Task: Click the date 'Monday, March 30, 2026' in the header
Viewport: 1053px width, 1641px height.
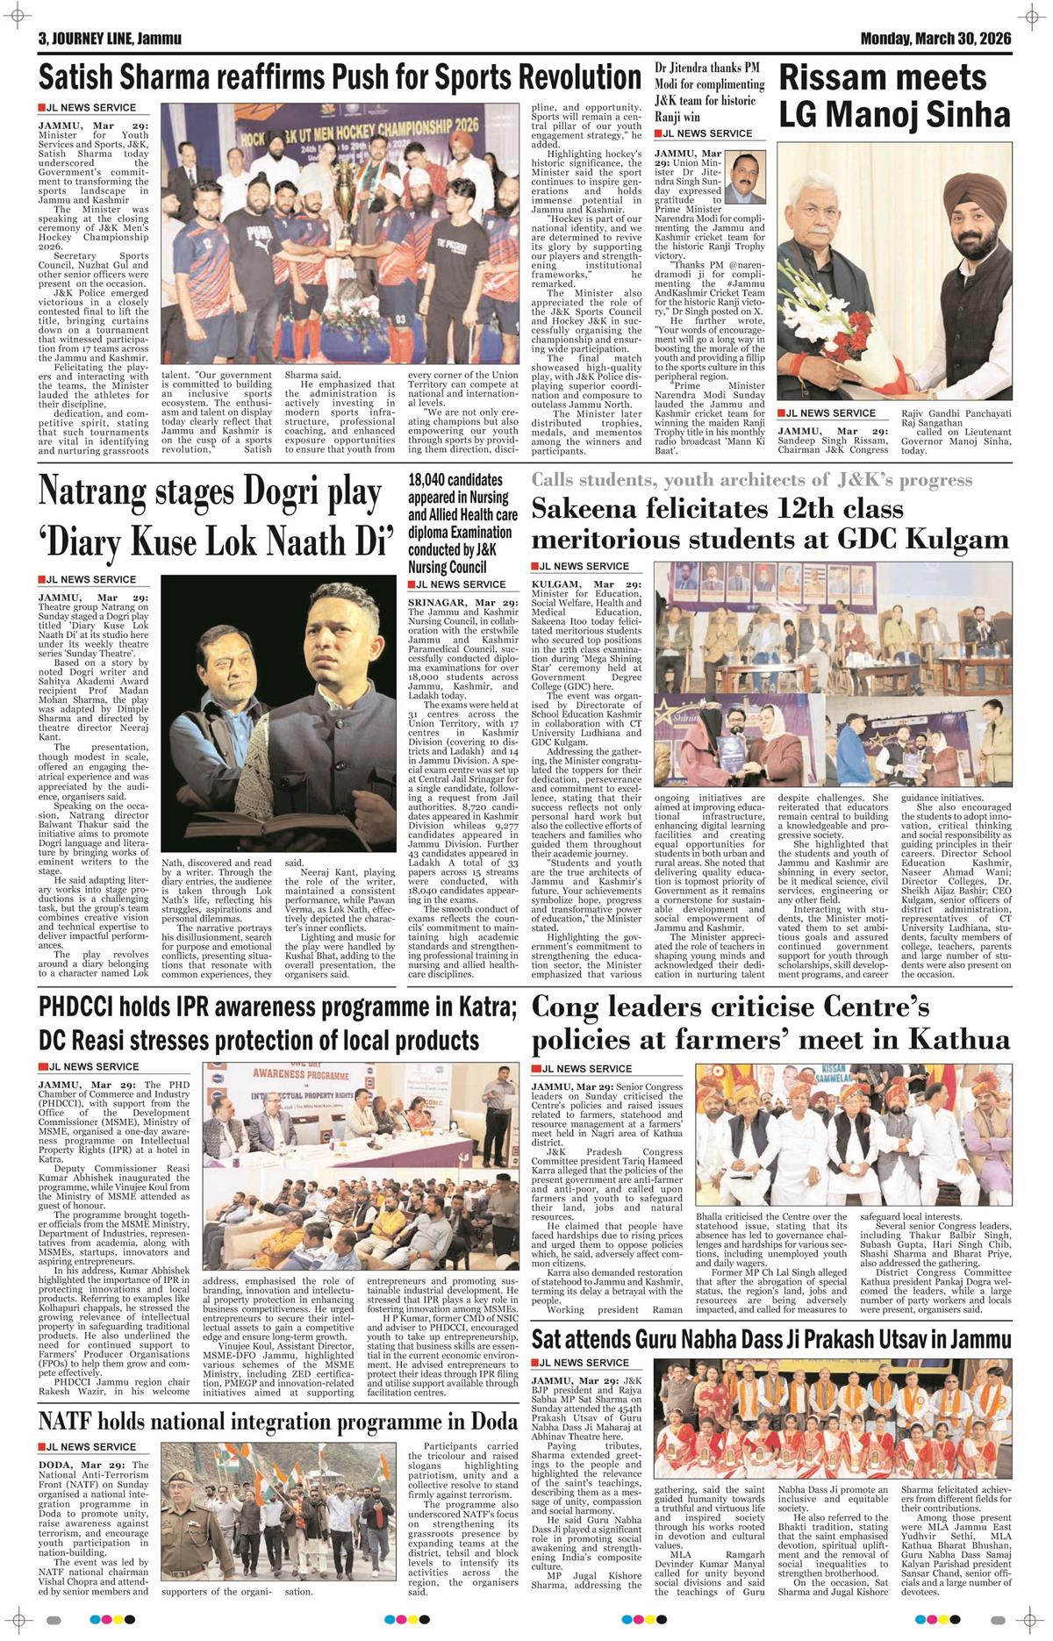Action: [935, 39]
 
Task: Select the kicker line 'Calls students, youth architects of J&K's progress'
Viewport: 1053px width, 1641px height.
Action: [751, 480]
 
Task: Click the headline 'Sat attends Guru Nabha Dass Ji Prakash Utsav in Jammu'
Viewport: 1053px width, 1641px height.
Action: [771, 1340]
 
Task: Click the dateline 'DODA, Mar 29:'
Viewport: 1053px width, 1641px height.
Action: [81, 1465]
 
